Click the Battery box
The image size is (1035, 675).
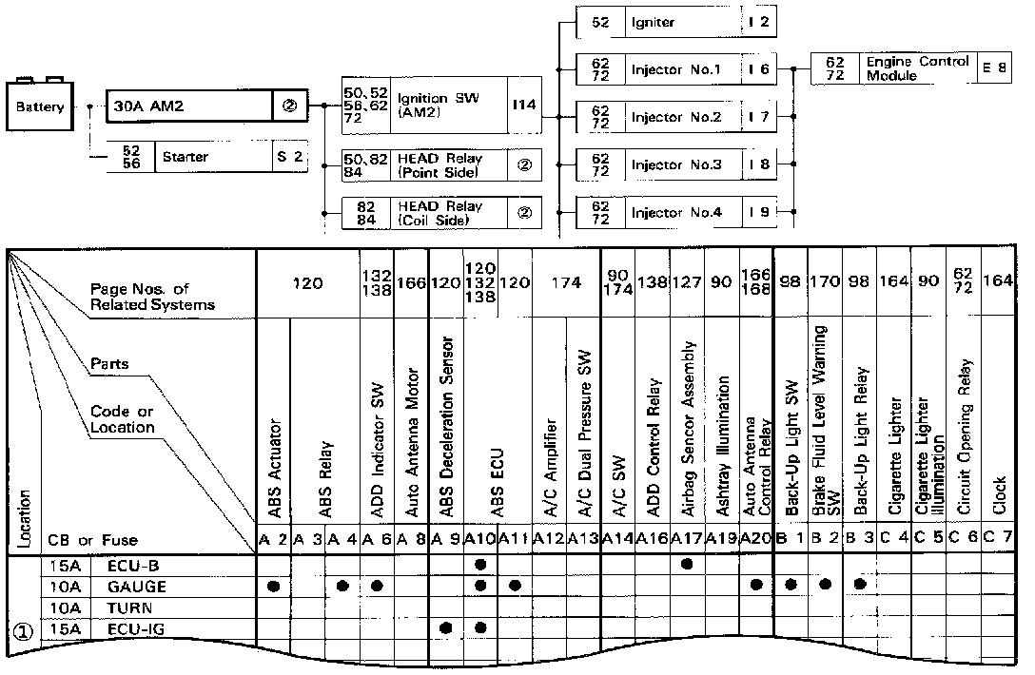click(x=39, y=107)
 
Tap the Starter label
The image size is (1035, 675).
click(x=186, y=156)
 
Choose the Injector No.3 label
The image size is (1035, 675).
click(x=675, y=164)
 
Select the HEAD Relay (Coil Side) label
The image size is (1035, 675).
click(x=439, y=212)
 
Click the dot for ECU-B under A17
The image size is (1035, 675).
click(x=687, y=565)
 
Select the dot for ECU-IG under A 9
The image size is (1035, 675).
click(x=446, y=627)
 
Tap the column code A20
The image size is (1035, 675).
click(x=756, y=539)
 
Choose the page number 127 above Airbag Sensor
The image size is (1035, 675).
click(x=687, y=282)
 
